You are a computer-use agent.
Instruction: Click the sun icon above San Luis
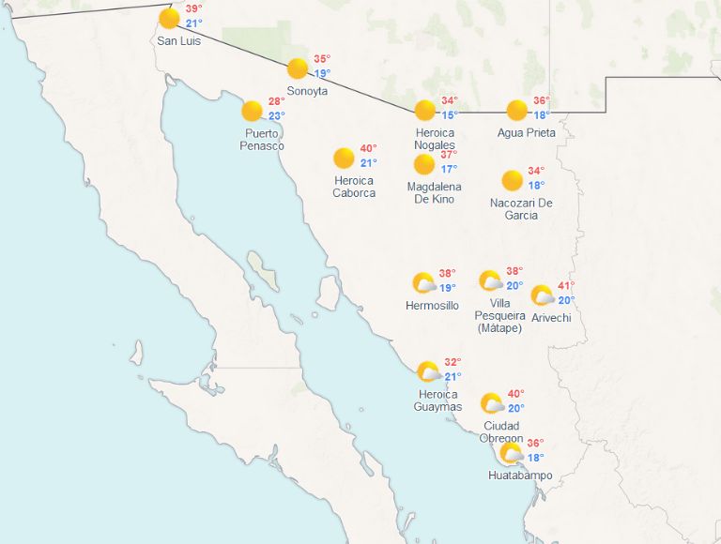point(169,19)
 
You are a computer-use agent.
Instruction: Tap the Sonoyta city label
point(307,91)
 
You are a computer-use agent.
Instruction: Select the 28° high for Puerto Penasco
point(276,102)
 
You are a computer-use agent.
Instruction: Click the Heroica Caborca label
point(354,187)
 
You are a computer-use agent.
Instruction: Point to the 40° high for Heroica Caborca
point(368,148)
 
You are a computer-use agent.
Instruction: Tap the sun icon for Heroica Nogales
point(425,110)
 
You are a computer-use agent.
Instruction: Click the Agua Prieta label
point(526,132)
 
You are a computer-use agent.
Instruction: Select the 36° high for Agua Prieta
point(541,101)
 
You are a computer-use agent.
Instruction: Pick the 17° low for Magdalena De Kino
point(449,169)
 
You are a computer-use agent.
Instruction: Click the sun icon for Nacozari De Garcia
point(512,180)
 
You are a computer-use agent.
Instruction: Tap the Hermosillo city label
point(432,306)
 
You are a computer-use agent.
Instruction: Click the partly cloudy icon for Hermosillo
point(424,283)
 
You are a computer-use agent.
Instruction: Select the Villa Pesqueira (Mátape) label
point(499,315)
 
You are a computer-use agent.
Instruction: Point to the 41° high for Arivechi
point(566,286)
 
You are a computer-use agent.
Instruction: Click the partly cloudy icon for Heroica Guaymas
point(429,371)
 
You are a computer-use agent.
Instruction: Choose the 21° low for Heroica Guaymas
point(453,377)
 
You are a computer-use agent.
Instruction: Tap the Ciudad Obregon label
point(502,432)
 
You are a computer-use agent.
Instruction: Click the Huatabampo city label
point(520,476)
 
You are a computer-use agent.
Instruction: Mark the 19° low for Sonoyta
point(322,74)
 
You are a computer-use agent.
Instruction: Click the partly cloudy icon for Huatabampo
point(512,454)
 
